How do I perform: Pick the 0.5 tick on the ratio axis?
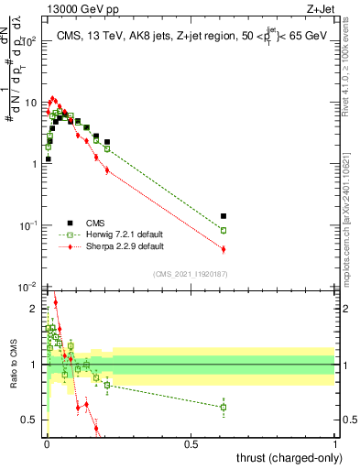point(29,420)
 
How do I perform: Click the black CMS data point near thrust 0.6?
point(224,216)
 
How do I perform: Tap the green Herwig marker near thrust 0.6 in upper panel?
point(224,230)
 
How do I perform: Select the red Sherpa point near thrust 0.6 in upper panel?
point(224,249)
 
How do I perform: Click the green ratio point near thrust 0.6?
point(224,407)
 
